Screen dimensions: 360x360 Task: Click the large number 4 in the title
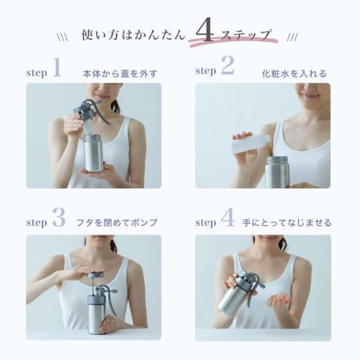click(x=204, y=30)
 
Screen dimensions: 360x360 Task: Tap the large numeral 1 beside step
click(x=57, y=67)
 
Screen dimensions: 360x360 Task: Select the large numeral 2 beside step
click(x=228, y=65)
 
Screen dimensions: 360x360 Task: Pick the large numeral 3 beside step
click(x=59, y=217)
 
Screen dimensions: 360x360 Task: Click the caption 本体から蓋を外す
click(x=120, y=73)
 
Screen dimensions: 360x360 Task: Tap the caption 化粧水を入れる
click(x=294, y=73)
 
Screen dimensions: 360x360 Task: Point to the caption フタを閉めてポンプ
click(x=117, y=222)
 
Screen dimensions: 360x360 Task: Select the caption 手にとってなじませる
click(x=287, y=222)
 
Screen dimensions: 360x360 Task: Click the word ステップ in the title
click(x=247, y=35)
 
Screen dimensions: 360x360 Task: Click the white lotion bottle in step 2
click(x=251, y=143)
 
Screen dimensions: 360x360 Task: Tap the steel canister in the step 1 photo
click(x=94, y=153)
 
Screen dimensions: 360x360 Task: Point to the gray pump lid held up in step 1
click(x=91, y=112)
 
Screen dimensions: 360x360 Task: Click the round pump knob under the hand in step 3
click(x=95, y=275)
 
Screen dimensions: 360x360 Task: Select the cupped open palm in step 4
click(x=279, y=301)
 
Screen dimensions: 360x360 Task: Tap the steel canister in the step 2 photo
click(x=277, y=172)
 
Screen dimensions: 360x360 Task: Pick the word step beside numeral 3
click(x=37, y=223)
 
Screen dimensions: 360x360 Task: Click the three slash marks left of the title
click(x=63, y=37)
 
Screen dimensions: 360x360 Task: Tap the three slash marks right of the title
click(x=292, y=37)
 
